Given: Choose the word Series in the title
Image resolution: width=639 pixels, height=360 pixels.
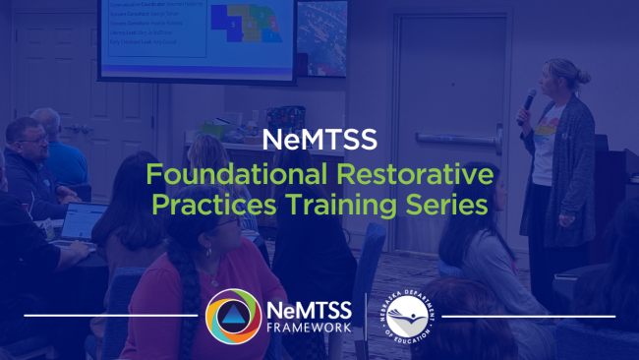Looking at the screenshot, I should pyautogui.click(x=448, y=209).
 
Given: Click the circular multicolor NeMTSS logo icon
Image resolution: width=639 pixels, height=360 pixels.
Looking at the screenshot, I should pyautogui.click(x=233, y=316).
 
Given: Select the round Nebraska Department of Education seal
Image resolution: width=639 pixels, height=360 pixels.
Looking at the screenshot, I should pyautogui.click(x=406, y=316).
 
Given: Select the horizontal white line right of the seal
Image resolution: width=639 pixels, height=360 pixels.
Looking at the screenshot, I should pyautogui.click(x=527, y=316).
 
